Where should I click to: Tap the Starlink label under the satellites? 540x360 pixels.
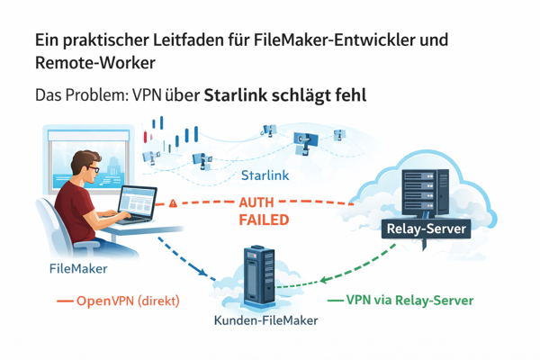click(x=265, y=175)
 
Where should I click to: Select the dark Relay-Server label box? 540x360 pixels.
click(x=425, y=229)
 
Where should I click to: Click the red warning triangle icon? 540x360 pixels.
click(x=173, y=204)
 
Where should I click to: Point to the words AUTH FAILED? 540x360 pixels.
click(x=263, y=211)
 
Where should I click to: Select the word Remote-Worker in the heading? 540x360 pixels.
click(x=93, y=64)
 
